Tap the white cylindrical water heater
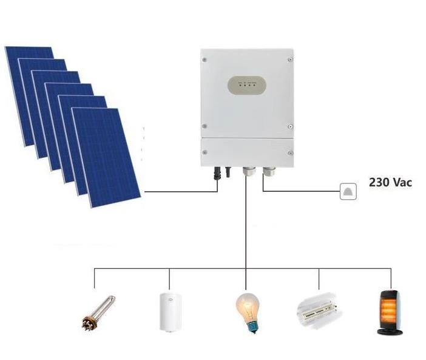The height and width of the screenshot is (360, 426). [x=169, y=311]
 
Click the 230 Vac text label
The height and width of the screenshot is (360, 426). [x=390, y=182]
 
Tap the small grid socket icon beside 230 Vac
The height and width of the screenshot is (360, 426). [x=348, y=192]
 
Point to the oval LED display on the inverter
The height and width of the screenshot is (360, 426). [x=246, y=86]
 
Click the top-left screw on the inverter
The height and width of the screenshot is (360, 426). [x=205, y=59]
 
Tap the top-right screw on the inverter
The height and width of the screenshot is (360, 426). [x=290, y=59]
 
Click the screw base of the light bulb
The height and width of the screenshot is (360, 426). [x=248, y=326]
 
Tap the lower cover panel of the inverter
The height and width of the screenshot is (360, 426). [x=248, y=152]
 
